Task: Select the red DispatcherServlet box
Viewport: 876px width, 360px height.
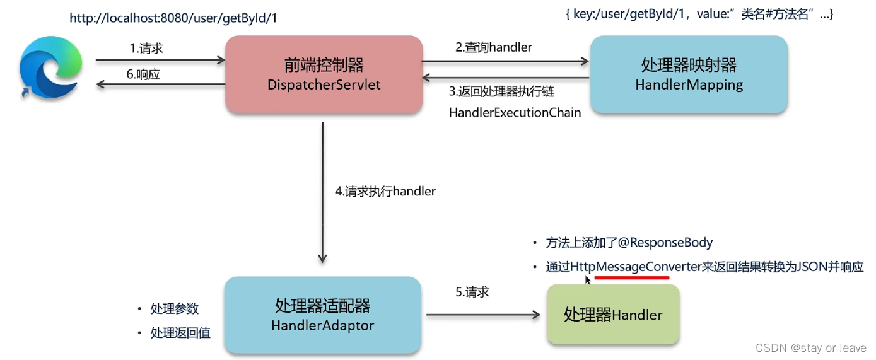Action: pyautogui.click(x=324, y=74)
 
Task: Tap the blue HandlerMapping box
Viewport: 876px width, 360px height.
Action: pyautogui.click(x=689, y=74)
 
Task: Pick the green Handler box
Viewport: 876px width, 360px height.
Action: pyautogui.click(x=613, y=314)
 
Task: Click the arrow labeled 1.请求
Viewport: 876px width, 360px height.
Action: pyautogui.click(x=160, y=61)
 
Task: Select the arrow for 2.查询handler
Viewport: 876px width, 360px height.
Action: pyautogui.click(x=505, y=61)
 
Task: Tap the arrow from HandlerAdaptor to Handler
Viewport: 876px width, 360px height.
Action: pyautogui.click(x=483, y=315)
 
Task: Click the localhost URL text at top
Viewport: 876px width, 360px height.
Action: pyautogui.click(x=173, y=18)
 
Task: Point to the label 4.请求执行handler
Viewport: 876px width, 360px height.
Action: pyautogui.click(x=385, y=191)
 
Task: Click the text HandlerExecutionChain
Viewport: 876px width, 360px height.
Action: pyautogui.click(x=515, y=113)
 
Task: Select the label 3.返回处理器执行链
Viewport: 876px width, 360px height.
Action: pyautogui.click(x=501, y=91)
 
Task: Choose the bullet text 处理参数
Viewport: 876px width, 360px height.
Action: pyautogui.click(x=175, y=308)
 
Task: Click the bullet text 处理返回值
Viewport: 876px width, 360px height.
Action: pyautogui.click(x=180, y=333)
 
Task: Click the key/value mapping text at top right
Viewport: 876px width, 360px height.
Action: pyautogui.click(x=699, y=14)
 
